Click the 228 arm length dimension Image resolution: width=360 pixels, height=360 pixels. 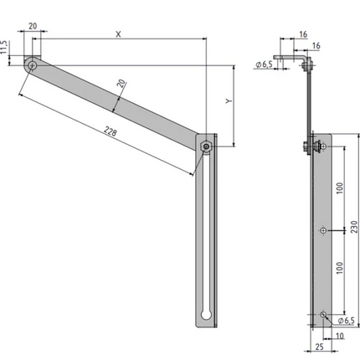111,131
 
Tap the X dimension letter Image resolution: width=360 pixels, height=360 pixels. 119,34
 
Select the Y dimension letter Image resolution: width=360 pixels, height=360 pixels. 229,100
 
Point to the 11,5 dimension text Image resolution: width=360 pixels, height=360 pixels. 3,47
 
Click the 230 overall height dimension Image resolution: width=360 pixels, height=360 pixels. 354,227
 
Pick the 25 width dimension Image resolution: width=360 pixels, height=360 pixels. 319,347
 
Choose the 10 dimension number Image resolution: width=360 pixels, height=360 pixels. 339,336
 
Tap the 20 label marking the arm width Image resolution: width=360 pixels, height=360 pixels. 121,84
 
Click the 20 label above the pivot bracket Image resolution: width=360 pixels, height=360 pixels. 33,26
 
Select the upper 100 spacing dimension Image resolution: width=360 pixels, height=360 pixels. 340,188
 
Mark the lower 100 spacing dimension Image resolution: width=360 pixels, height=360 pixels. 340,268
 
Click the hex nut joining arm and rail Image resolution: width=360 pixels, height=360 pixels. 206,147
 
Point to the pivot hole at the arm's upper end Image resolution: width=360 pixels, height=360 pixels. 33,66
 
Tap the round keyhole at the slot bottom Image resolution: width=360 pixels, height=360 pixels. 206,315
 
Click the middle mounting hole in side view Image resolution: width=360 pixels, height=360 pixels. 323,230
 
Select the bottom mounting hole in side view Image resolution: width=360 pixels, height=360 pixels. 323,315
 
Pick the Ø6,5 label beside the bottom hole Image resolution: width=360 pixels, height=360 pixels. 346,321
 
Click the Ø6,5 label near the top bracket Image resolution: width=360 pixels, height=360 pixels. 264,64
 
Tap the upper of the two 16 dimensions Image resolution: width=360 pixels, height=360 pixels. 303,34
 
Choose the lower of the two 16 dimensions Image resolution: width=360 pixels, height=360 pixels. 316,46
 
